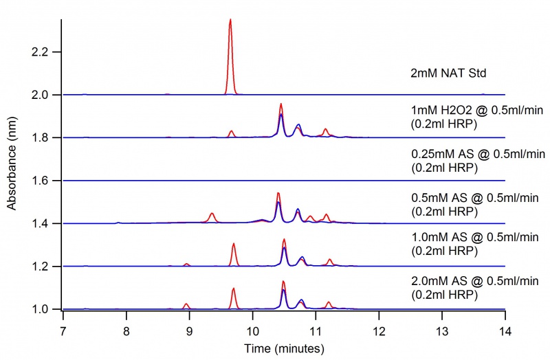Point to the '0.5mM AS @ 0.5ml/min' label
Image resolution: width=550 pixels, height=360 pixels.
pyautogui.click(x=457, y=198)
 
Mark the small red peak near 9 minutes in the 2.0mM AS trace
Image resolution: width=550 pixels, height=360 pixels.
pyautogui.click(x=186, y=304)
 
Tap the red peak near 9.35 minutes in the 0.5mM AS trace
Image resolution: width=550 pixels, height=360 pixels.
pyautogui.click(x=212, y=216)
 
